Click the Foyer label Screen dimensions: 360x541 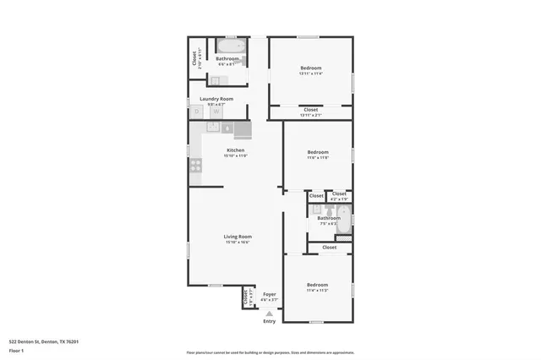(269, 293)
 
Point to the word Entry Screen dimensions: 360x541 (269, 321)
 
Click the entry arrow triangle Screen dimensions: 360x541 (269, 313)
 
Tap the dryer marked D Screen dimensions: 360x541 (197, 112)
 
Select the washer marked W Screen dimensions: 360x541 (216, 112)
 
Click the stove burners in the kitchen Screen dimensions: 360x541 (196, 165)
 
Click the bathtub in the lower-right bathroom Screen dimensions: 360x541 (343, 221)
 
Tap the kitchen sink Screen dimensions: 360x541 (213, 128)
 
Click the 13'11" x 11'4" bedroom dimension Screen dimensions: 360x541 (311, 74)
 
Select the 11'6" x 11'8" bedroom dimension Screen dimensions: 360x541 (317, 157)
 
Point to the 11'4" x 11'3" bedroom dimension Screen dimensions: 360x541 (317, 290)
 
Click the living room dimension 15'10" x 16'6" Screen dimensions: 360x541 (238, 243)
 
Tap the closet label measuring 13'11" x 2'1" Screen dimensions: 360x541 (311, 115)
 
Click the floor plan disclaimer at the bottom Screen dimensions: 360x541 (270, 352)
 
